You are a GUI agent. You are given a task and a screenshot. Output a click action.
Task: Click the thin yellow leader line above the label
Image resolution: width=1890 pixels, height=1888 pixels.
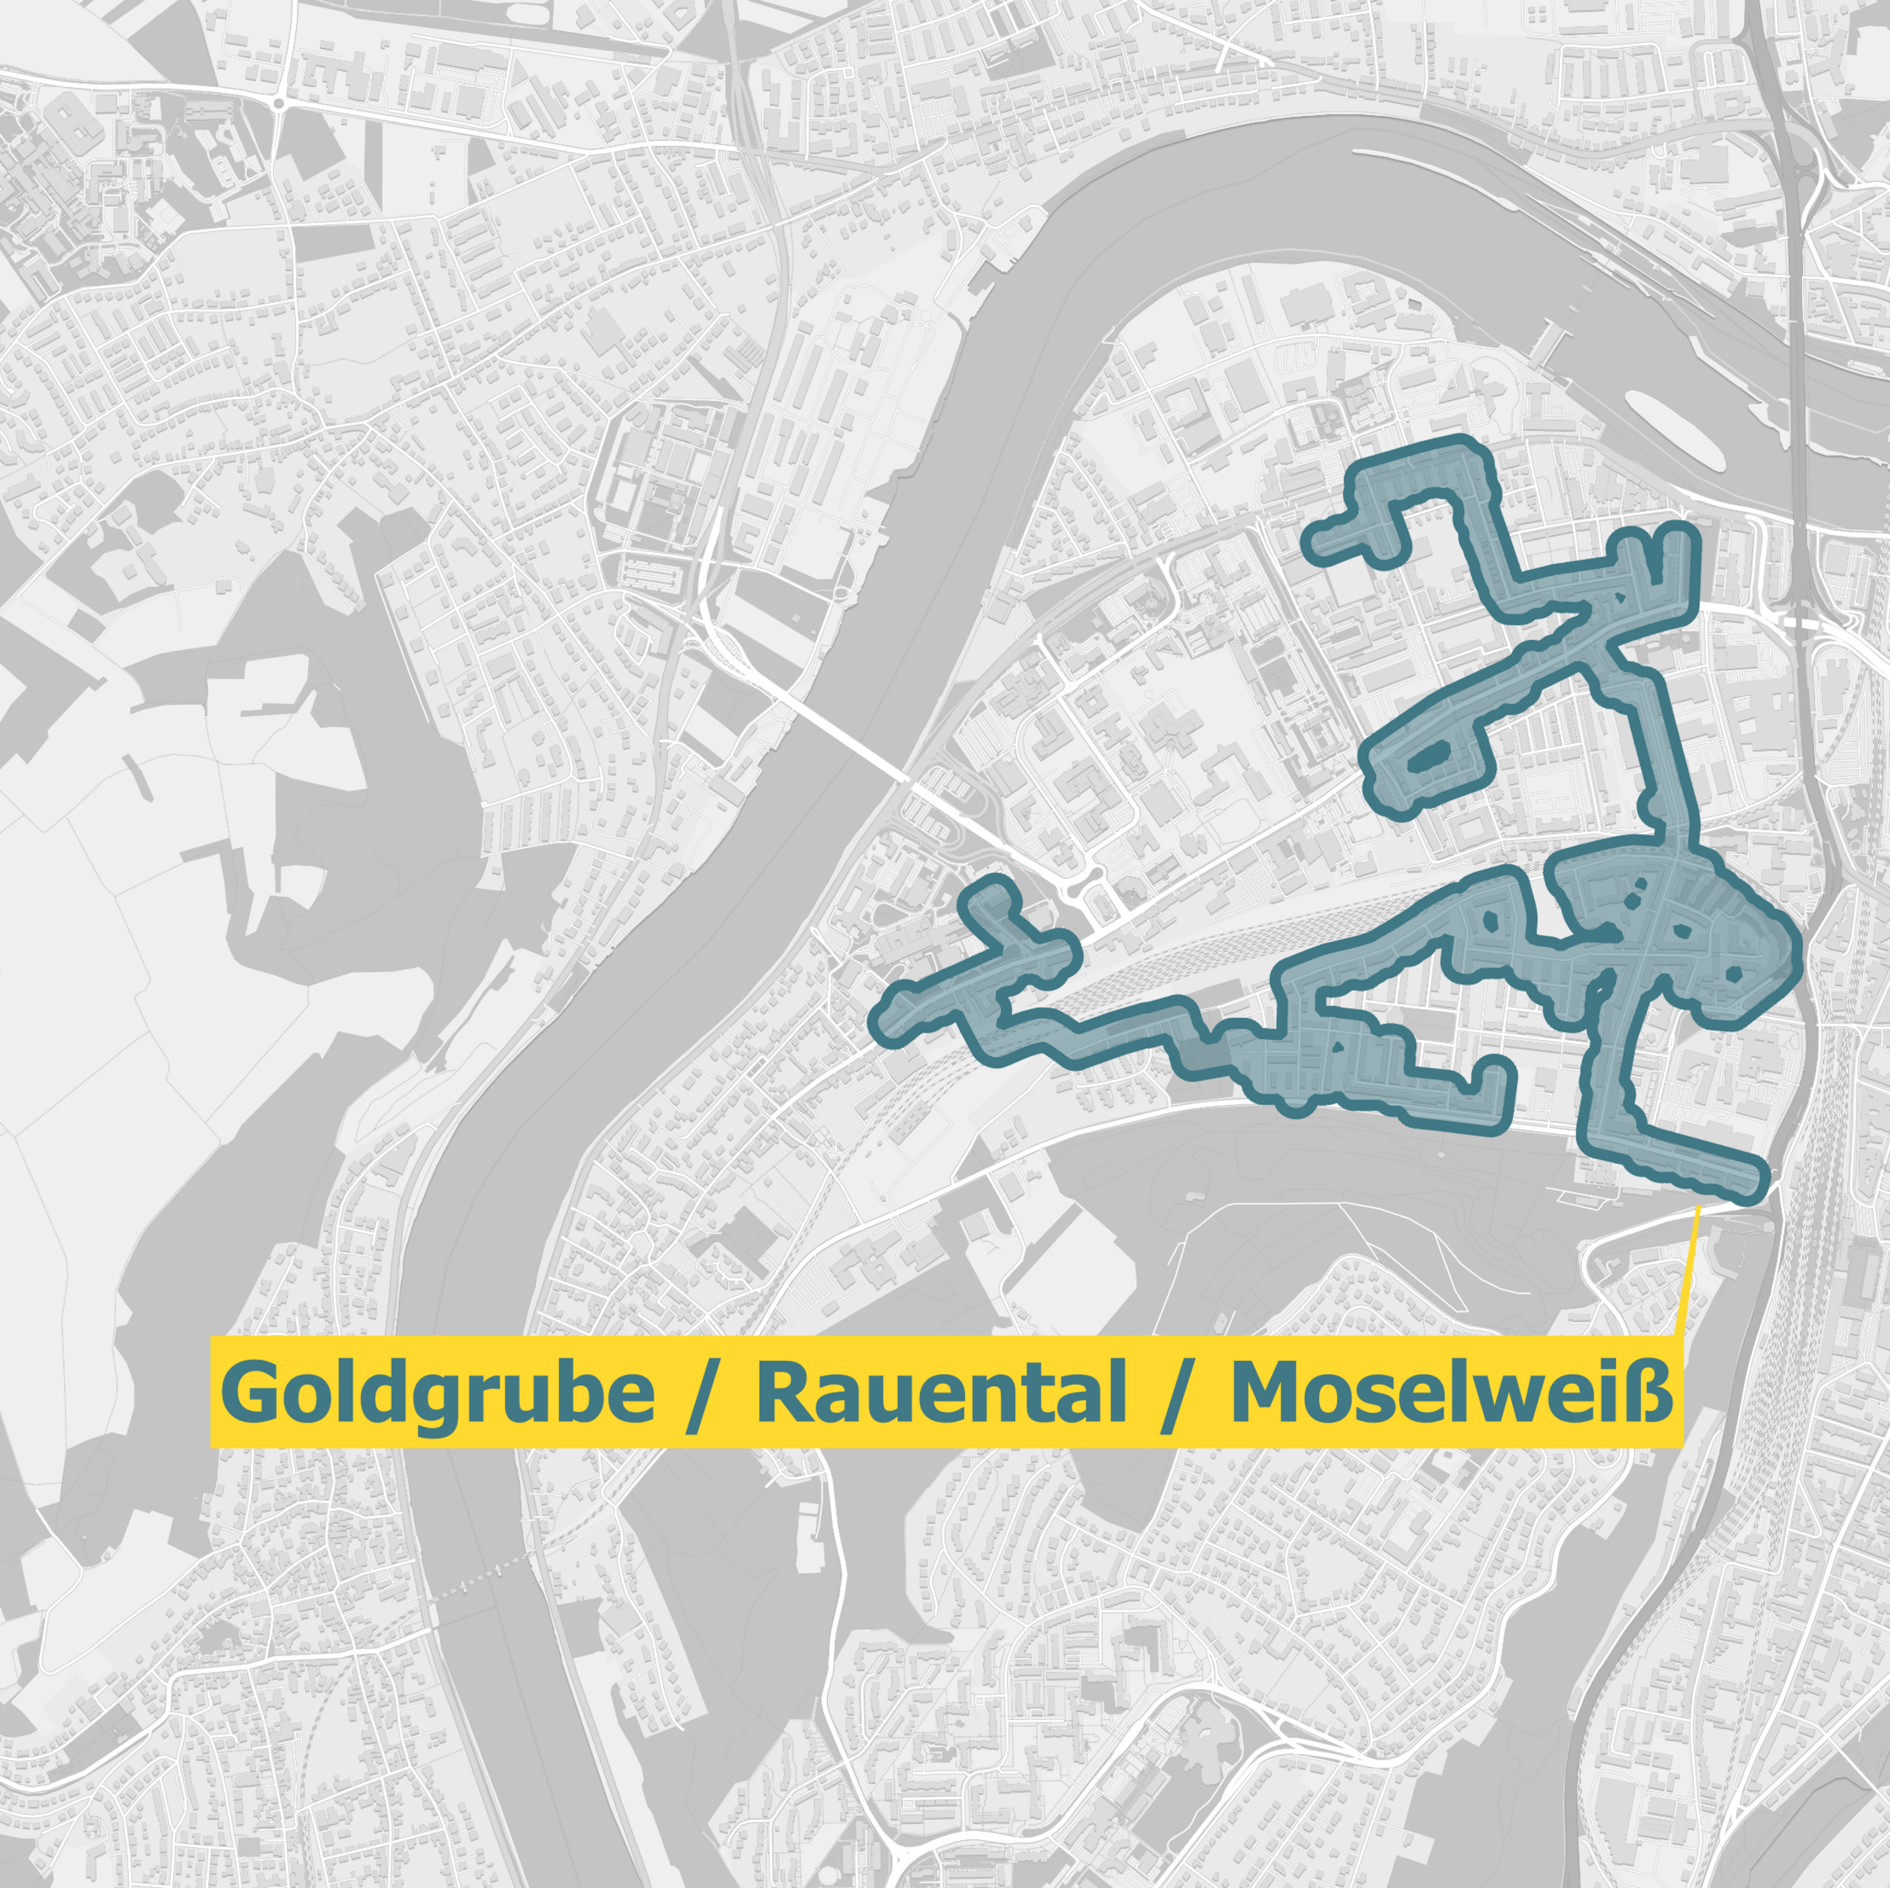click(x=1686, y=1272)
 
